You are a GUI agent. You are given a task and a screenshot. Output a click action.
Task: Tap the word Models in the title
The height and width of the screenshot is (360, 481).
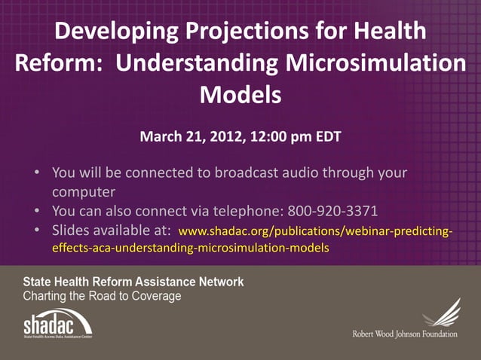(240, 96)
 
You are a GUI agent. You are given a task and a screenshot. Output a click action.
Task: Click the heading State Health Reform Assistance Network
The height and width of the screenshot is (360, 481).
(133, 282)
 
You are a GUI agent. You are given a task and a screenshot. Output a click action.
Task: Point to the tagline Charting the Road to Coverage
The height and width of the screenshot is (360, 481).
(102, 296)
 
